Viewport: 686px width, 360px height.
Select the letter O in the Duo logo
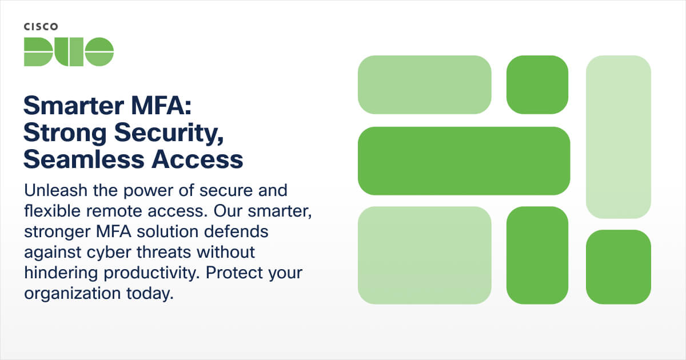click(x=99, y=51)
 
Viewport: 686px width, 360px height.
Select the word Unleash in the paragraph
click(x=51, y=190)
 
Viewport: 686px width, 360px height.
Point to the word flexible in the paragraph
click(x=50, y=211)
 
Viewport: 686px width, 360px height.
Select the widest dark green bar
click(x=464, y=161)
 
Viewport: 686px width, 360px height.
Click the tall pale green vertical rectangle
click(x=619, y=137)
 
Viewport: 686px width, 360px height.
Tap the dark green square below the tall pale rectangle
click(x=619, y=267)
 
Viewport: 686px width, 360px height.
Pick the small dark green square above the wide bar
click(x=537, y=85)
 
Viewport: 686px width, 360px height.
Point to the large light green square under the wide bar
click(x=424, y=255)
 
